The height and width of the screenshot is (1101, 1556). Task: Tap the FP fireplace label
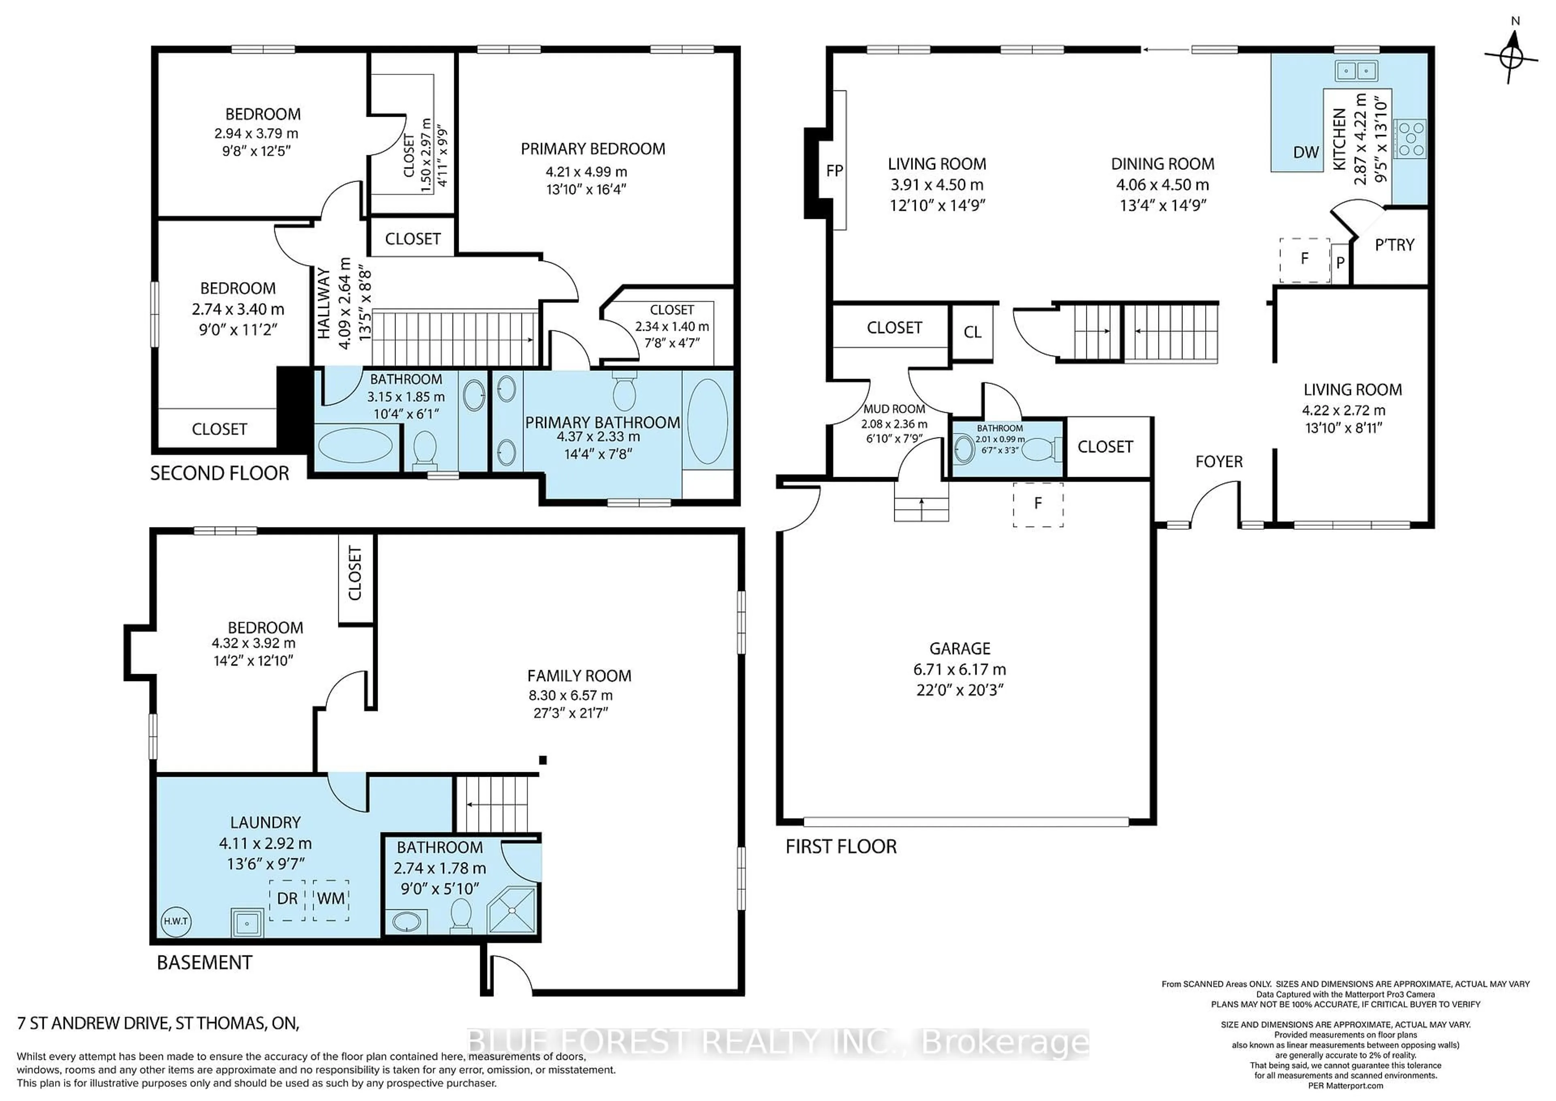(834, 171)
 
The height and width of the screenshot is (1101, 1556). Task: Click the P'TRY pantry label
(1394, 245)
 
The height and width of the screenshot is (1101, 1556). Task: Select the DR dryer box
(287, 899)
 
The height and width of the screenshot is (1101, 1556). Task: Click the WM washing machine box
(331, 899)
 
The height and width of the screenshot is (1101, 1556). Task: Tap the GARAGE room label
(960, 649)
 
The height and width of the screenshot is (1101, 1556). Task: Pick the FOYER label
(1218, 462)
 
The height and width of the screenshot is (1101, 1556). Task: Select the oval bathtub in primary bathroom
(707, 420)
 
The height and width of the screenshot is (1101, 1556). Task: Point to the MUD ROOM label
(894, 409)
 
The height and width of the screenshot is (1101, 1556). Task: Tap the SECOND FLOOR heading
(220, 473)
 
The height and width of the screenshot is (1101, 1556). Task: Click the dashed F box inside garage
(1038, 504)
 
